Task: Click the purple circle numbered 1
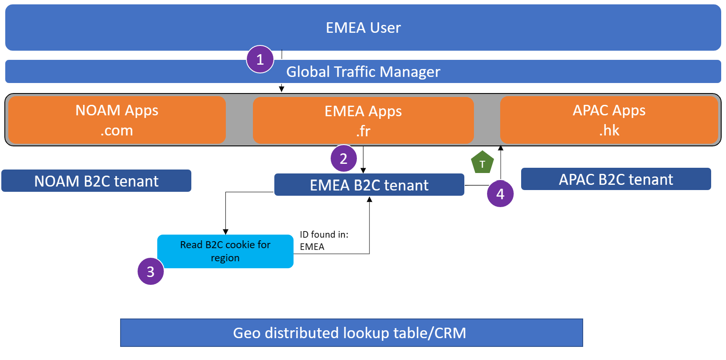260,59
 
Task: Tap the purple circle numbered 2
344,158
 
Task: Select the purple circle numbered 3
151,271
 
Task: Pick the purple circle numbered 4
500,194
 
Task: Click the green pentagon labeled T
482,163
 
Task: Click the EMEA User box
363,28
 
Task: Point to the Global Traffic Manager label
363,72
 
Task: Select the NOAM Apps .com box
117,120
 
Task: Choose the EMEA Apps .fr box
363,121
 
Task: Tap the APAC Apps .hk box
609,120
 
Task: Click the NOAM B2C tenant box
97,181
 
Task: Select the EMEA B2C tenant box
369,185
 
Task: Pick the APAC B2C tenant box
616,179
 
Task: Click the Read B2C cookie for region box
225,251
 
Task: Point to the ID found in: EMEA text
324,240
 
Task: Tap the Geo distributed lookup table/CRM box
351,333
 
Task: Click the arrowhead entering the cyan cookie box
225,232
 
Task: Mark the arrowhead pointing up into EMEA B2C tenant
370,199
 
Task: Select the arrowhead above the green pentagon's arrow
501,148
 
